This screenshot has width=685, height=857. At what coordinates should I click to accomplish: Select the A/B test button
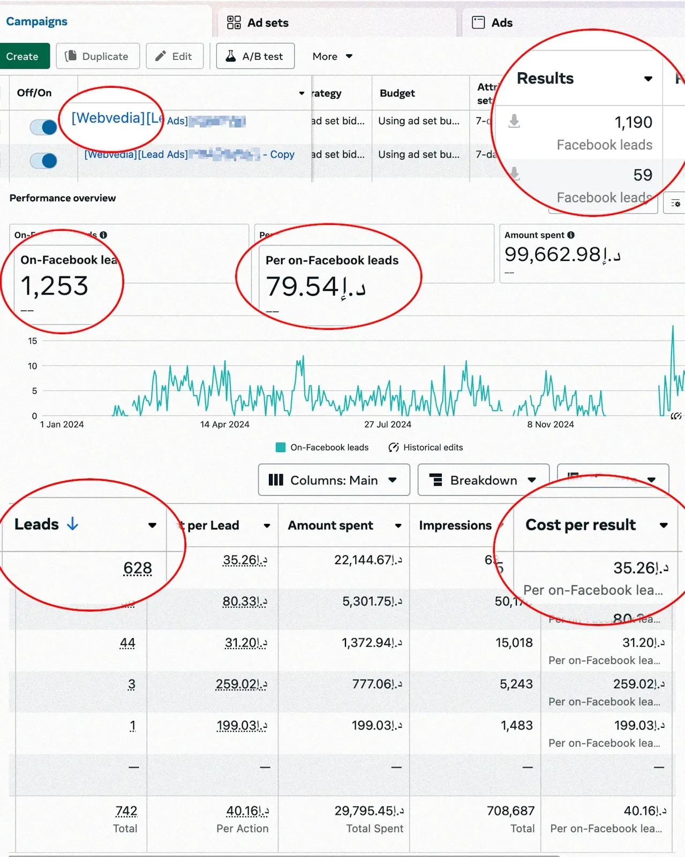click(x=255, y=56)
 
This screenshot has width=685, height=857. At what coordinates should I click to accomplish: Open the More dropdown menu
click(x=332, y=56)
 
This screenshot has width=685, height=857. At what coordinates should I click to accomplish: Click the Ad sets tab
click(x=258, y=22)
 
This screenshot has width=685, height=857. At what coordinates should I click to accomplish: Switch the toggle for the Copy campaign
click(x=44, y=160)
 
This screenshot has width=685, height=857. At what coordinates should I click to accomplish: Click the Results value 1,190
click(x=633, y=123)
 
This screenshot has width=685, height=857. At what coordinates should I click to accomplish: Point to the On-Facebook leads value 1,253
click(x=54, y=286)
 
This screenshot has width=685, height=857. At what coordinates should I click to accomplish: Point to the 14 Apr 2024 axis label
click(x=224, y=424)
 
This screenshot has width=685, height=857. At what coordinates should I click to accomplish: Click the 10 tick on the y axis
click(x=33, y=366)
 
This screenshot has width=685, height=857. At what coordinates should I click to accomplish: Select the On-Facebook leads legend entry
click(x=322, y=447)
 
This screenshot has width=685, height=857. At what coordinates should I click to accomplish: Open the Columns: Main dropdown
click(x=334, y=480)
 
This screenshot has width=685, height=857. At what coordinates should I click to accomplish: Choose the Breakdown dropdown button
click(x=483, y=480)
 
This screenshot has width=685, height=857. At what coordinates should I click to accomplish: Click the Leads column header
click(x=37, y=524)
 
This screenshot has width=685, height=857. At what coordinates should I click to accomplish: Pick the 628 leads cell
click(x=138, y=568)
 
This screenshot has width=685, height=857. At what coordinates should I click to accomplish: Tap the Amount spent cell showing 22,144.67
click(x=368, y=560)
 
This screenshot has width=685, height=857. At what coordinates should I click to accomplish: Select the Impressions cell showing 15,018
click(x=514, y=643)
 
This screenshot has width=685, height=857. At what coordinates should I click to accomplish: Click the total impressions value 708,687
click(x=510, y=811)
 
